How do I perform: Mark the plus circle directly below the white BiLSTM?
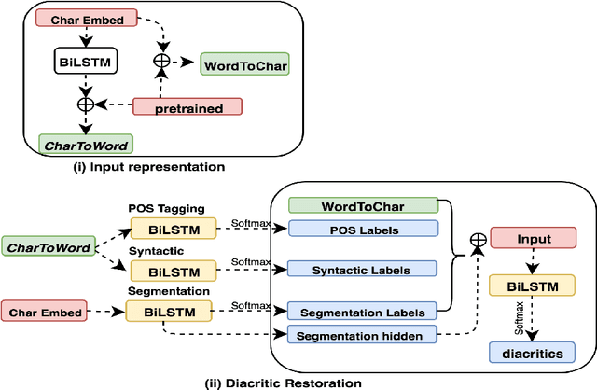(86, 104)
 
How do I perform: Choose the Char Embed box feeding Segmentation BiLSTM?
(49, 311)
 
